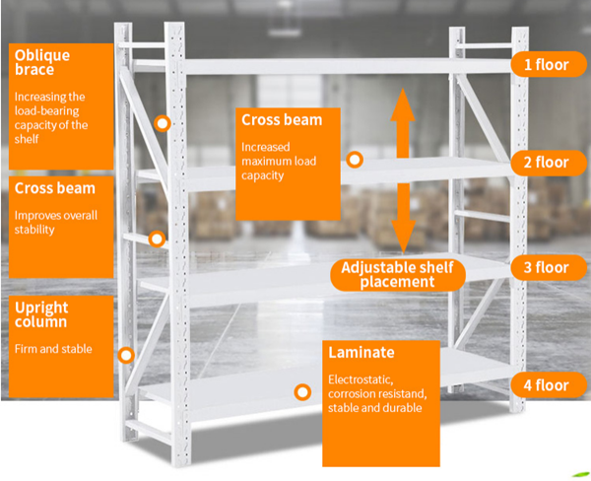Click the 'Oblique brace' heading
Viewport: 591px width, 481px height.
click(x=41, y=62)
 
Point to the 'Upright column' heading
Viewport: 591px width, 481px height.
click(x=41, y=314)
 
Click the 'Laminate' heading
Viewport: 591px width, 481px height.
click(x=361, y=352)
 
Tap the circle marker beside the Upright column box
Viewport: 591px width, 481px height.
click(x=126, y=355)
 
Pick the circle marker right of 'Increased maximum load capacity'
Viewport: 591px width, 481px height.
click(x=355, y=159)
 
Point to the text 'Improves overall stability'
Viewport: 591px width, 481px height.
click(x=47, y=222)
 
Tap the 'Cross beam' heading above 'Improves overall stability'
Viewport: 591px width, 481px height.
click(x=55, y=187)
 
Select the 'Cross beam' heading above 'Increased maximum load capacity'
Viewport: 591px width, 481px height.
click(x=282, y=121)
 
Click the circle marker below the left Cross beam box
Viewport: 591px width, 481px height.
click(x=156, y=238)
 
